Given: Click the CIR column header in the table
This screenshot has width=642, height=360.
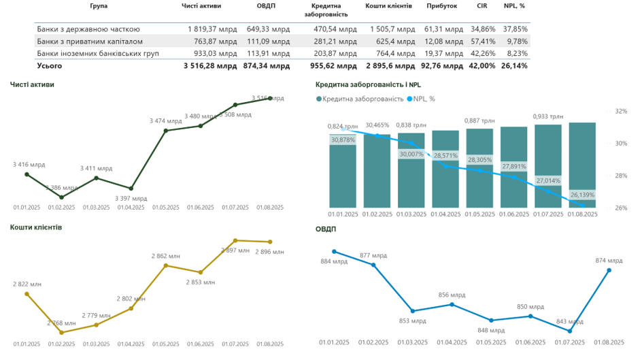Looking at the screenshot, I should [x=482, y=5].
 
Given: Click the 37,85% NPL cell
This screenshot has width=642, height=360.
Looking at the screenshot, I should [x=515, y=29].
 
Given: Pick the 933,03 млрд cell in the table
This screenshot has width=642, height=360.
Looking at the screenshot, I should [x=213, y=53].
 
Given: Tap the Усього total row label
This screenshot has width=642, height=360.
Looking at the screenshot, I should [x=50, y=66].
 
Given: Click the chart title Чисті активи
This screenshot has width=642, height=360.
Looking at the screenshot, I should [x=32, y=85].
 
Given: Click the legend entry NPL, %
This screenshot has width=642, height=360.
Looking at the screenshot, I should [x=424, y=99].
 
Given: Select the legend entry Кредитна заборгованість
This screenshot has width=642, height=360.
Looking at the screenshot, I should [x=360, y=99].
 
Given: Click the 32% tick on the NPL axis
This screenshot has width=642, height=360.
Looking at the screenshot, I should [x=621, y=111].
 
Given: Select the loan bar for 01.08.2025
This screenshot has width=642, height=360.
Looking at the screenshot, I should [x=582, y=165].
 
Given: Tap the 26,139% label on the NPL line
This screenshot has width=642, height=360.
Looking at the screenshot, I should [x=582, y=195].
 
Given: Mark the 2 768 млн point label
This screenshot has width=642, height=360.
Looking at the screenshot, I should [x=63, y=323].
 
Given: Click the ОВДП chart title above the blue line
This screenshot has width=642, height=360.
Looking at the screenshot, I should [x=326, y=229].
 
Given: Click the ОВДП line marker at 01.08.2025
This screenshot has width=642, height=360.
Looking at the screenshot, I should [x=609, y=270].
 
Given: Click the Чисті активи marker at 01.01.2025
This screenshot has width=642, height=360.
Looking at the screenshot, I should [x=27, y=174].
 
